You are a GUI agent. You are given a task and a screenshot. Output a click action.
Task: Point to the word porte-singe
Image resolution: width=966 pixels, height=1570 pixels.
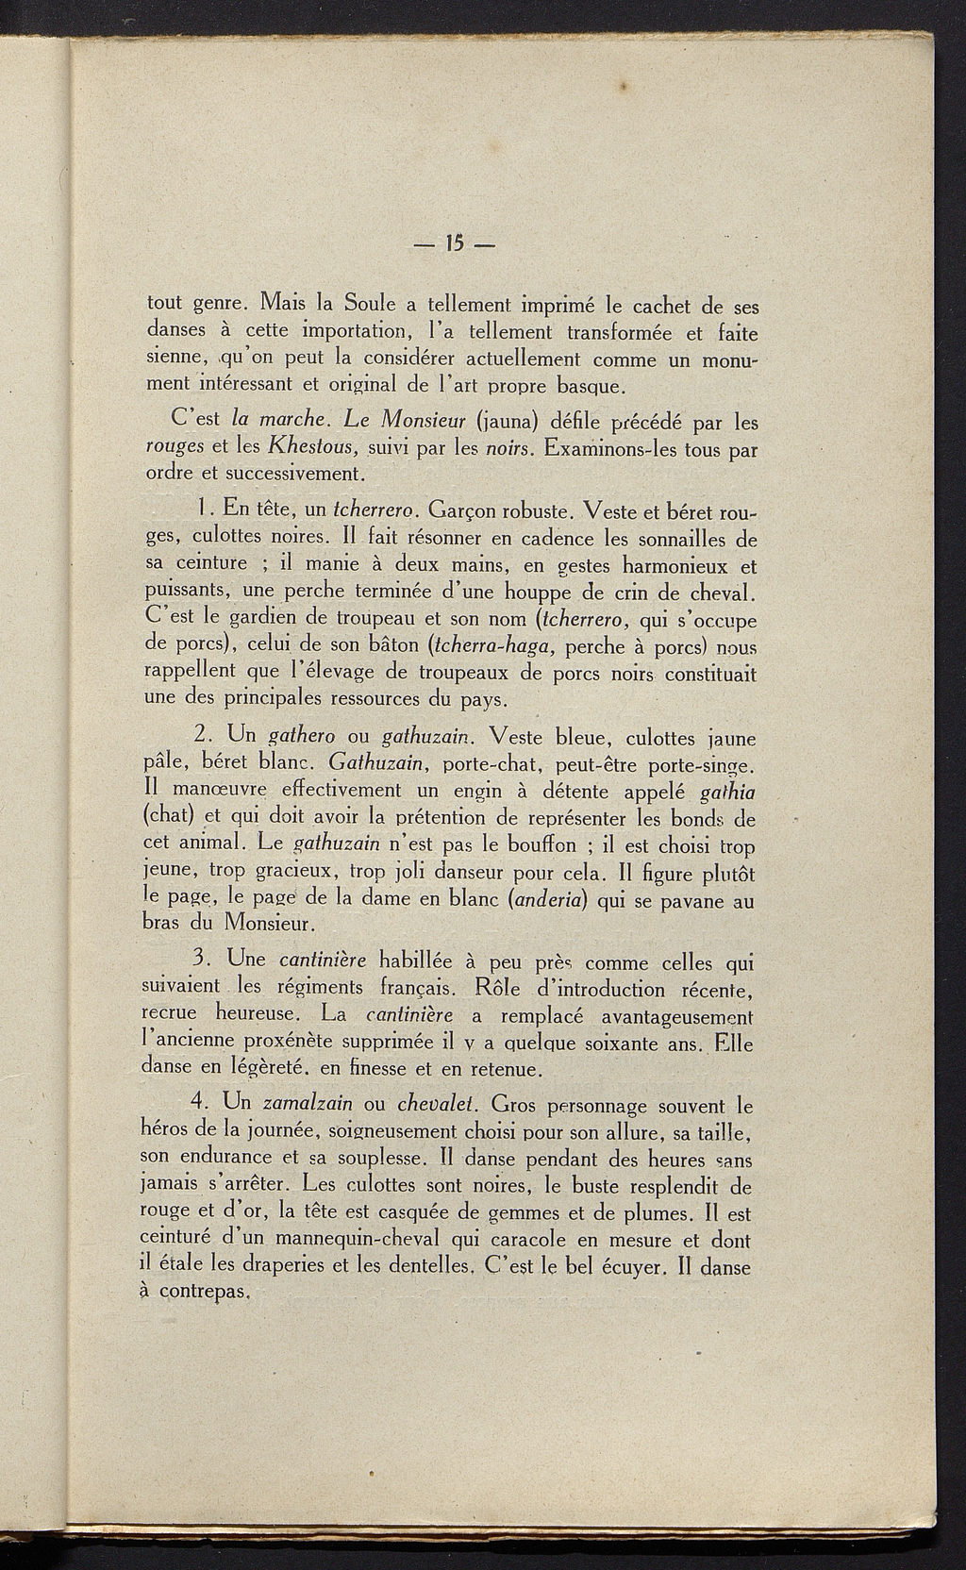pos(701,762)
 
